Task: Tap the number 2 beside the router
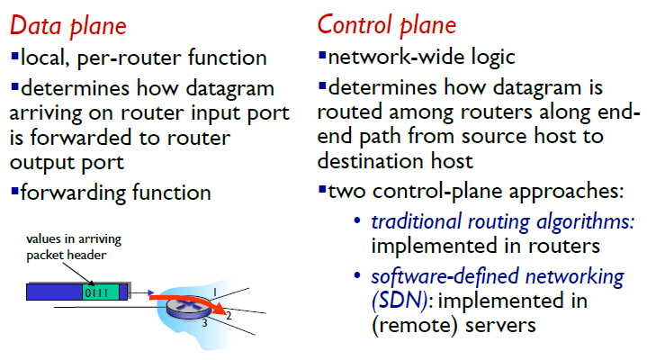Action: pyautogui.click(x=229, y=315)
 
